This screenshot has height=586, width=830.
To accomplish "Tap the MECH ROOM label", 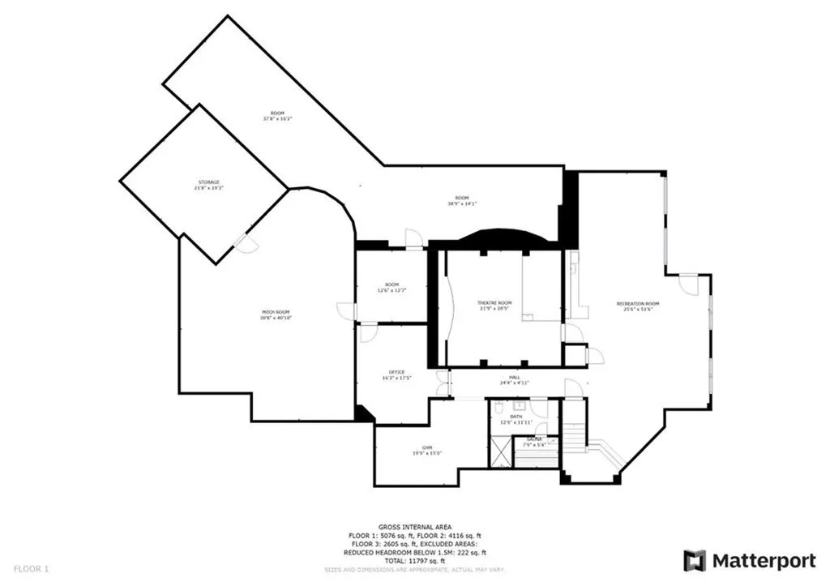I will tap(276, 312).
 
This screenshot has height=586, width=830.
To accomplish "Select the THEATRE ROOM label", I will tap(494, 303).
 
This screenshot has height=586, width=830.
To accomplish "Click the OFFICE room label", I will tap(396, 372).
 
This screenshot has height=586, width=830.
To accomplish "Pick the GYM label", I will tap(426, 447).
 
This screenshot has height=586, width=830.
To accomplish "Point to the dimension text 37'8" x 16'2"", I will tap(277, 118).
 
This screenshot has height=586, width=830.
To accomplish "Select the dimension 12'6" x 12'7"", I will tap(392, 290).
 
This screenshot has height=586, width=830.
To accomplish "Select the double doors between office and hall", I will tap(442, 383).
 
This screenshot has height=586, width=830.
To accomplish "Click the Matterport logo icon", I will tap(695, 560).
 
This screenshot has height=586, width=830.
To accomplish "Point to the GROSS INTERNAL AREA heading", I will tap(414, 527).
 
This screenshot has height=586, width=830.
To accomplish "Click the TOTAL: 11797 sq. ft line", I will tap(414, 561).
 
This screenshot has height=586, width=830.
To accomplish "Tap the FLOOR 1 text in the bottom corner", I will tap(31, 569).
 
